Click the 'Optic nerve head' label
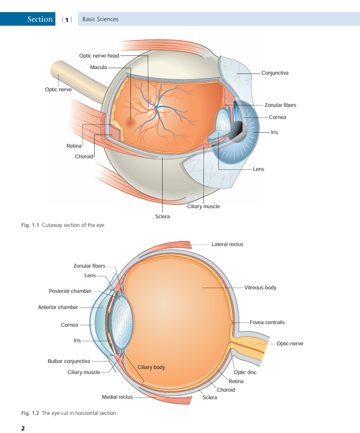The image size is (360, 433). click(x=99, y=56)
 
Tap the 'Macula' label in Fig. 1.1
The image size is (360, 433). click(x=99, y=68)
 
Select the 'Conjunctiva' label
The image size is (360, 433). click(x=275, y=73)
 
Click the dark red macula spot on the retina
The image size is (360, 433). click(x=130, y=122)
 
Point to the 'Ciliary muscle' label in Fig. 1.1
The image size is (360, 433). click(x=203, y=207)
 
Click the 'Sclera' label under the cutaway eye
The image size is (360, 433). click(x=163, y=217)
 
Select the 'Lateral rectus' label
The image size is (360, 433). click(x=228, y=244)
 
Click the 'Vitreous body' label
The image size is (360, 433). click(x=260, y=287)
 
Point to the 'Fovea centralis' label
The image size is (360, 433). click(x=267, y=322)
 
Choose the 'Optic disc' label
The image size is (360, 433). click(x=245, y=372)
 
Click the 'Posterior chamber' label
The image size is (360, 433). click(x=70, y=291)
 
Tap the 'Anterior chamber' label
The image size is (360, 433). click(x=58, y=307)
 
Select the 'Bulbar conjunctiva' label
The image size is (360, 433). click(x=69, y=361)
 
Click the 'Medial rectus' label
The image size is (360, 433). click(x=117, y=397)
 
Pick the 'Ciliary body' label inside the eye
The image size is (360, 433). click(x=151, y=367)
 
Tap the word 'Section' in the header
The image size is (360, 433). click(x=40, y=19)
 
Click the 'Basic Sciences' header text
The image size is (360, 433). click(x=100, y=19)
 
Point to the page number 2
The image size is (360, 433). click(x=23, y=428)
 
